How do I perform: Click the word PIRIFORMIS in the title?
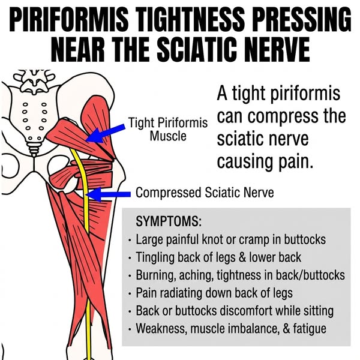[69, 19]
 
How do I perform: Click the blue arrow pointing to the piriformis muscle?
[106, 134]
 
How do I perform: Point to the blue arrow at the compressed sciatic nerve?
[109, 194]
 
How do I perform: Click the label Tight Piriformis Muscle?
[168, 129]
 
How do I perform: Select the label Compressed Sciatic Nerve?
[205, 193]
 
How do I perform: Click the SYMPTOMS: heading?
[169, 221]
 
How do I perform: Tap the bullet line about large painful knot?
[231, 239]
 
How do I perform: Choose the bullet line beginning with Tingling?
[218, 257]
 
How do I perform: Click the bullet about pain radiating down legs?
[214, 293]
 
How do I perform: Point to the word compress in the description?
[279, 116]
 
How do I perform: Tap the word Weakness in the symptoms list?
[160, 329]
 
